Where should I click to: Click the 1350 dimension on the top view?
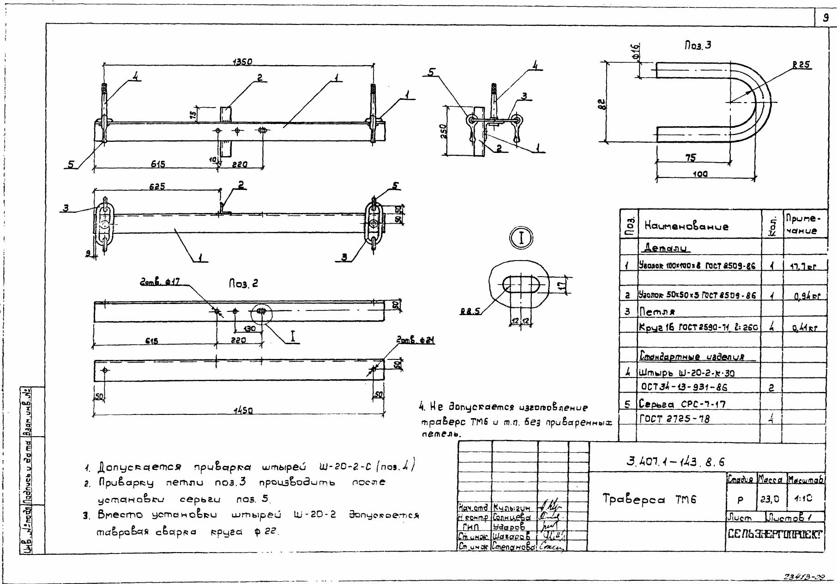[x=242, y=62]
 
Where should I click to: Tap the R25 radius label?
[x=801, y=65]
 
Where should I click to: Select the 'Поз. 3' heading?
[x=698, y=45]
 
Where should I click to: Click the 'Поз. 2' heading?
[x=243, y=283]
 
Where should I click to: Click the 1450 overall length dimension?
[x=243, y=410]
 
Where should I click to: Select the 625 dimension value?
[x=157, y=186]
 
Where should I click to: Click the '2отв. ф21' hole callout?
[x=415, y=341]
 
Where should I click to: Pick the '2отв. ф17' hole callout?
[x=160, y=281]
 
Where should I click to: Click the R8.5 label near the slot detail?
[x=470, y=312]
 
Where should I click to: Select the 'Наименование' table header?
[x=686, y=226]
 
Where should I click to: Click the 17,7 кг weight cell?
[x=803, y=267]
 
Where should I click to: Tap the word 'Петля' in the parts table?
[x=657, y=312]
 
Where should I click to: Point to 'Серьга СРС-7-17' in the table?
[x=682, y=404]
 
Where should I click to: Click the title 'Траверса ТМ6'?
[x=649, y=499]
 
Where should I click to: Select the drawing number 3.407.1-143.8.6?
[x=675, y=462]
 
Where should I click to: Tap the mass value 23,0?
[x=770, y=499]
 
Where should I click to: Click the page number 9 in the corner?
[x=825, y=18]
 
